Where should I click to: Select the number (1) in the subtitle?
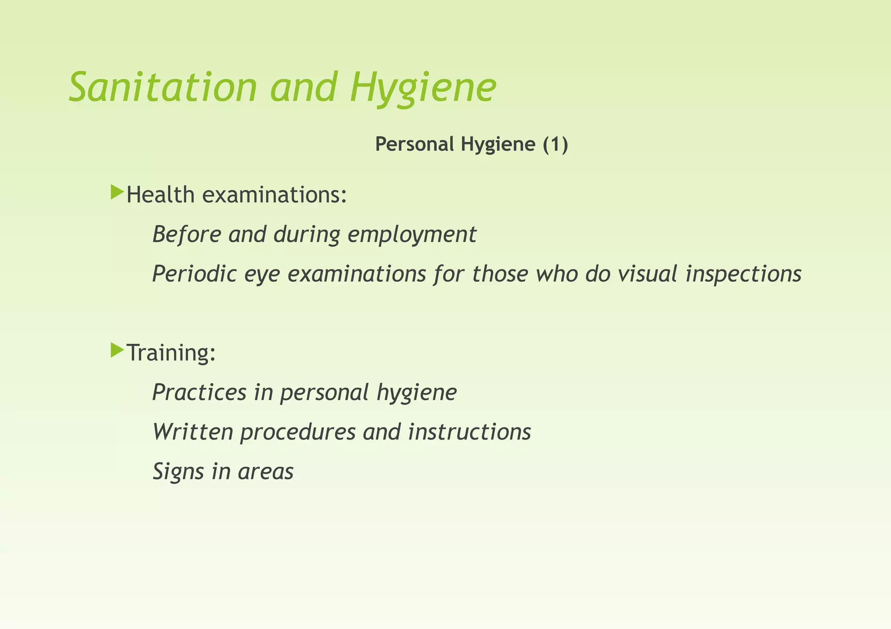pyautogui.click(x=555, y=144)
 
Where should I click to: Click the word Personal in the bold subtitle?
pyautogui.click(x=415, y=144)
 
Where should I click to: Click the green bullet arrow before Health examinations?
pyautogui.click(x=117, y=192)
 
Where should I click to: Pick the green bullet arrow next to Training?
pyautogui.click(x=117, y=350)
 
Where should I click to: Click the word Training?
pyautogui.click(x=171, y=353)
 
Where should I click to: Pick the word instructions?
pyautogui.click(x=469, y=432)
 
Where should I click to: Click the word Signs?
pyautogui.click(x=178, y=472)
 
